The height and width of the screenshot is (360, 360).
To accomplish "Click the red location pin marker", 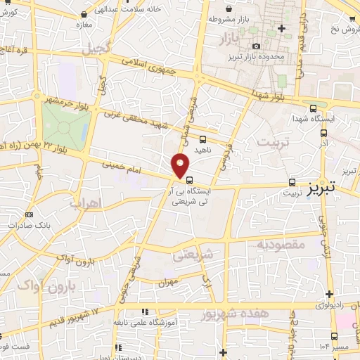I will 180,165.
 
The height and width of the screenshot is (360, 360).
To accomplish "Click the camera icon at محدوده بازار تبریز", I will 257,46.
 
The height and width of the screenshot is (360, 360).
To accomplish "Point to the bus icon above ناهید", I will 203,139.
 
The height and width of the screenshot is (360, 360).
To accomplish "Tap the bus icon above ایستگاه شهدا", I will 313,108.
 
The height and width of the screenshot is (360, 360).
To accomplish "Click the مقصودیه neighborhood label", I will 280,244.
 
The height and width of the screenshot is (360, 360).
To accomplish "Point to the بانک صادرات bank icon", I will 29,214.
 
